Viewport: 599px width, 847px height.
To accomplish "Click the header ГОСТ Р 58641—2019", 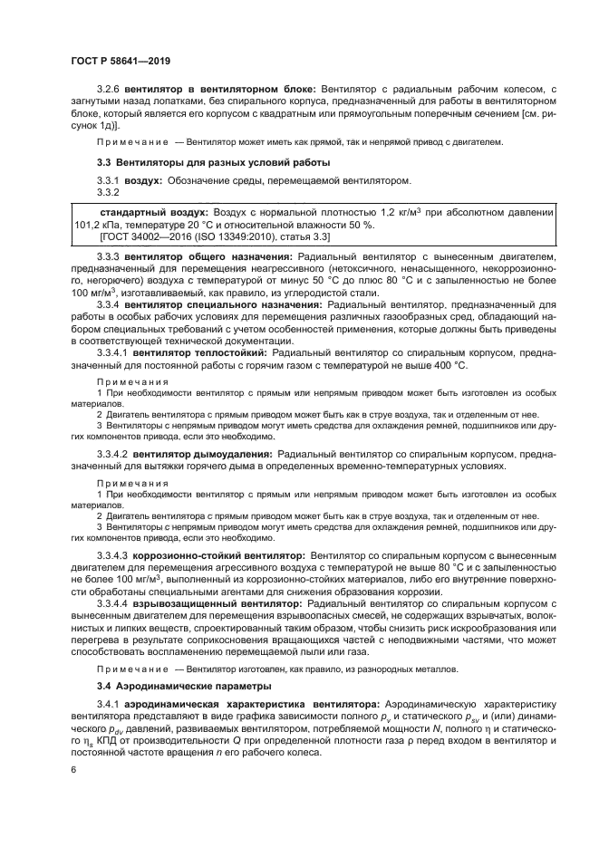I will coord(120,60).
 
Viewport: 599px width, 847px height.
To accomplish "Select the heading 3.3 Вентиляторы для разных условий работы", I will coord(213,162).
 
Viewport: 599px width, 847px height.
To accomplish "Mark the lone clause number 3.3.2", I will coord(109,191).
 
